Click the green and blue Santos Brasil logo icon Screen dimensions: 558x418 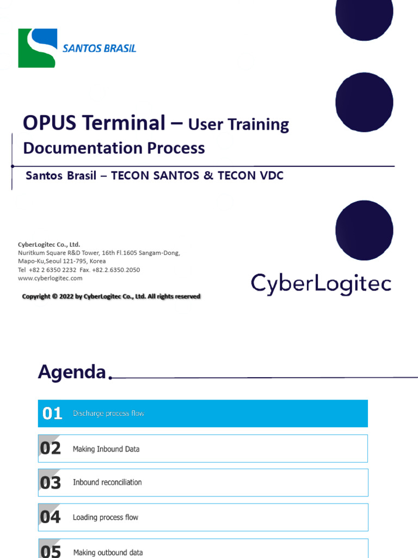click(38, 48)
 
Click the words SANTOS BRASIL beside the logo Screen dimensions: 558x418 click(99, 48)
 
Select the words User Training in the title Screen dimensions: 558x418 click(238, 125)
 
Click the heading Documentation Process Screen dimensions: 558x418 click(114, 148)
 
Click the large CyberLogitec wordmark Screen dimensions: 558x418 click(321, 284)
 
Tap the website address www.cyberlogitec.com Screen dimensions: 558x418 click(50, 278)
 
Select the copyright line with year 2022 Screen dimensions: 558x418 click(111, 296)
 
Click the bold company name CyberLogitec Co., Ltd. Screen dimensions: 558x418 click(49, 245)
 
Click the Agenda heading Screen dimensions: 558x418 click(72, 372)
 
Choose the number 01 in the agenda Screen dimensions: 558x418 click(52, 414)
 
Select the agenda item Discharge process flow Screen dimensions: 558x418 click(108, 414)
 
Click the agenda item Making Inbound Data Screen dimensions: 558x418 click(106, 449)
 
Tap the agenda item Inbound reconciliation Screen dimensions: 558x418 click(107, 482)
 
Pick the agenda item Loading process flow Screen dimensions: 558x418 click(106, 517)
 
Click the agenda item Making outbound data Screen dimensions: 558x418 click(108, 552)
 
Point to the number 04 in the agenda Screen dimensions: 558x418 click(50, 517)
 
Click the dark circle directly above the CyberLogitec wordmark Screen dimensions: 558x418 click(364, 229)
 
